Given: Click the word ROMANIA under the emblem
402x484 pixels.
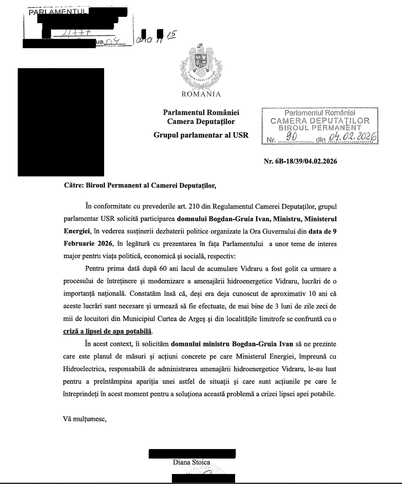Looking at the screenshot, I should point(201,95).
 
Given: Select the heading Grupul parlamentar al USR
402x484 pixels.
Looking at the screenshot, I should point(201,135).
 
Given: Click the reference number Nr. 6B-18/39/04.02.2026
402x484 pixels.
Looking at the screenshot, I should point(300,161).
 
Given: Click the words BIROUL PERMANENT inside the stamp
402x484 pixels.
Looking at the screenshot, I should point(323,129).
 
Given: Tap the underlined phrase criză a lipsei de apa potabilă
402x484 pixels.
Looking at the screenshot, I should point(107,330).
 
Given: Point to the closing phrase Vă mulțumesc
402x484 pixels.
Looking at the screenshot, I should point(84,419).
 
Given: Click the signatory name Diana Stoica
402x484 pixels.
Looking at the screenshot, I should point(191,463).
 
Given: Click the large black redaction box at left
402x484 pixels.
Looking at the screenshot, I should point(61,122).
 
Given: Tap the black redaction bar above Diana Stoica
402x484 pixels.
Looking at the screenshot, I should point(192,454).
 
